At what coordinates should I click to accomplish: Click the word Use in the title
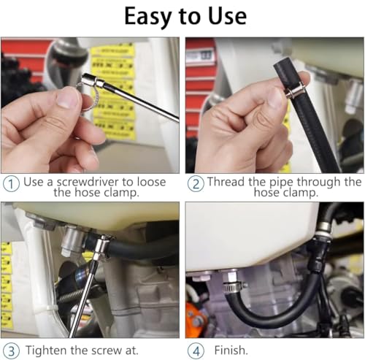[x=227, y=16]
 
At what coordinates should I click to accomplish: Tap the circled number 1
[x=11, y=184]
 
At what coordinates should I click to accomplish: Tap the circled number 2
[x=196, y=184]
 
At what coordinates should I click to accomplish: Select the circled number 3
[x=11, y=351]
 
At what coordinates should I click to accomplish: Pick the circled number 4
[x=196, y=351]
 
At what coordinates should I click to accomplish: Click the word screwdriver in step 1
[x=88, y=182]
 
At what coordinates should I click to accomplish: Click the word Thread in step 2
[x=226, y=182]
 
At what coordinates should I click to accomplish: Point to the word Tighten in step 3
[x=47, y=351]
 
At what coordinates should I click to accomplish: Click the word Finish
[x=231, y=351]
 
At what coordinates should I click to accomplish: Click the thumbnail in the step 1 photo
[x=68, y=98]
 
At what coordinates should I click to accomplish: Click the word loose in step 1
[x=151, y=182]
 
